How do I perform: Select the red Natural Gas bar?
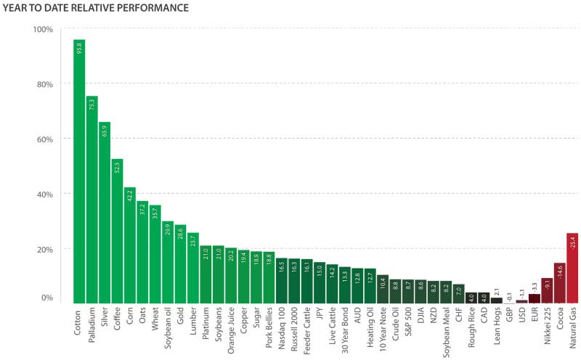coord(572,268)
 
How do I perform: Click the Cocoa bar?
coord(559,282)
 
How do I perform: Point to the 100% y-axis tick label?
coord(43,29)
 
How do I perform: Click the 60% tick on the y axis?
coord(44,139)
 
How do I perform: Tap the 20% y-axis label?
coord(44,249)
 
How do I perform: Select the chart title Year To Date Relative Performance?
coord(94,8)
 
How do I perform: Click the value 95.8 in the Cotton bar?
coord(79,48)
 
